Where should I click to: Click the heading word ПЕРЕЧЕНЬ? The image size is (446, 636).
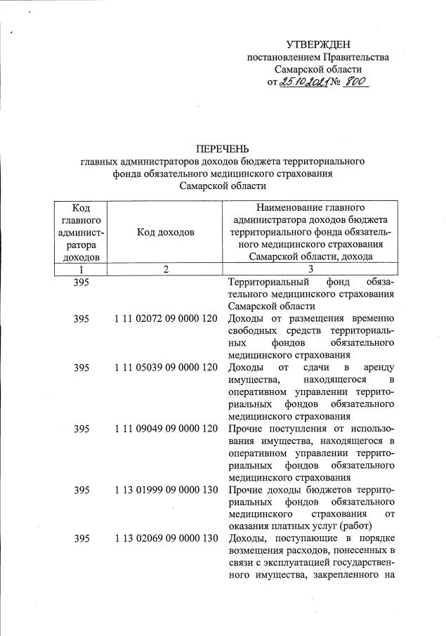point(223,148)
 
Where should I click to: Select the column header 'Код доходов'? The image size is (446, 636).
point(165,233)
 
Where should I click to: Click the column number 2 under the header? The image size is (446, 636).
point(165,269)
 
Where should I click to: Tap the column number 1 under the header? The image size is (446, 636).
point(81,269)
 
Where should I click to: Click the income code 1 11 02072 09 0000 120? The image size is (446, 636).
point(166,319)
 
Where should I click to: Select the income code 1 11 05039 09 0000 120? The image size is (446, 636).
point(166,368)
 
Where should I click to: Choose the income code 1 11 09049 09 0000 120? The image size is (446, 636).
point(166,429)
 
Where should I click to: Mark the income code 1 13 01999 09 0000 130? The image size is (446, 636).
point(166,489)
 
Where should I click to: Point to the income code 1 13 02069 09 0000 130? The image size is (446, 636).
point(166,538)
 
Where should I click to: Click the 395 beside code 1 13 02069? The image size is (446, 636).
point(81,538)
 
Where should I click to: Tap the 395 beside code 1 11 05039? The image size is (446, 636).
point(81,368)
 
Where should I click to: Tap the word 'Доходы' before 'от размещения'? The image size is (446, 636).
point(245,319)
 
